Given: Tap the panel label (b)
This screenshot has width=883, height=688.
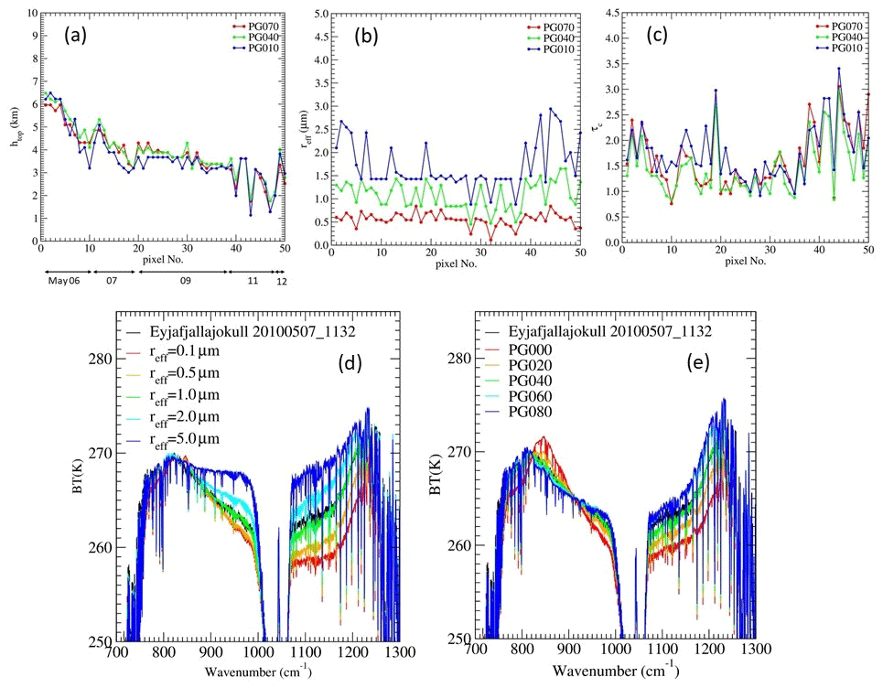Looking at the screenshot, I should click(x=370, y=39).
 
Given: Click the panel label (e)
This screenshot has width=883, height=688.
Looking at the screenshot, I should click(x=697, y=360).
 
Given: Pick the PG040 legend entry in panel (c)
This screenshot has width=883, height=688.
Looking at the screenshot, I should click(x=849, y=38).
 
